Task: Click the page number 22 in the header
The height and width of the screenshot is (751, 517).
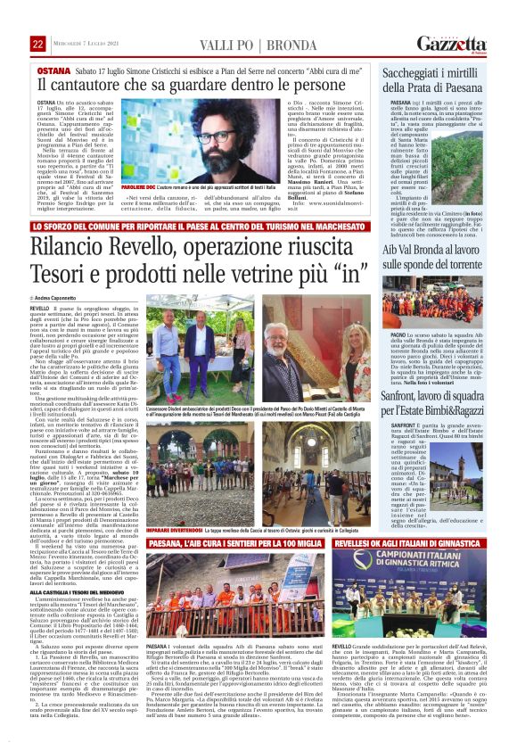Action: pyautogui.click(x=37, y=44)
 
